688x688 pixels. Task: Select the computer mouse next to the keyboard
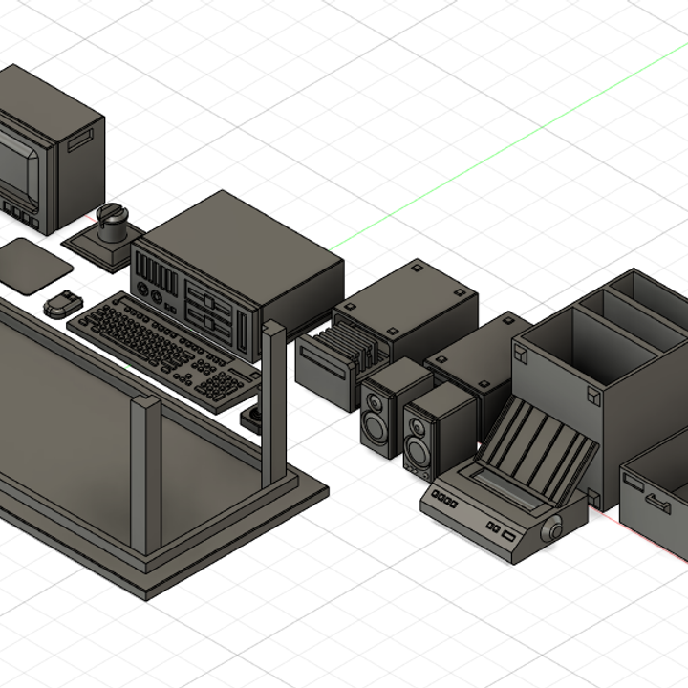tap(59, 305)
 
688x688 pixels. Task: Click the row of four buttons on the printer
tap(445, 498)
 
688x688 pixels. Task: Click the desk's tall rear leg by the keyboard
tap(274, 401)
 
